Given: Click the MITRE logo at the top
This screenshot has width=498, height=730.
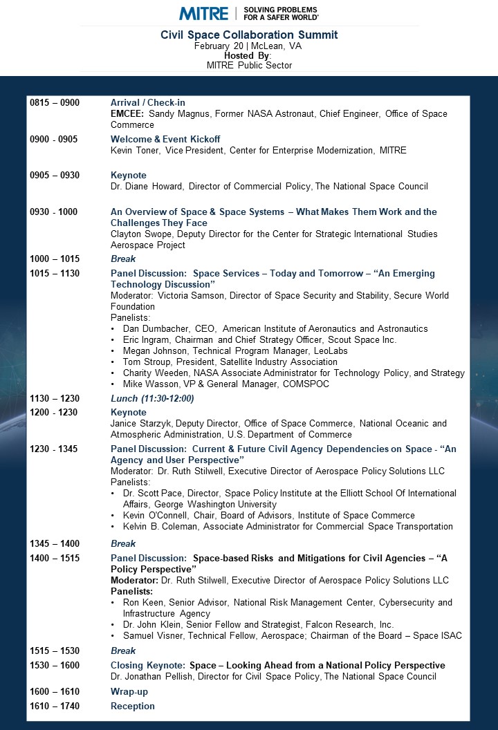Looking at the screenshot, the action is [x=204, y=13].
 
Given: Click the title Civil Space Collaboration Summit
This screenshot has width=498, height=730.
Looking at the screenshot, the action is [x=249, y=35].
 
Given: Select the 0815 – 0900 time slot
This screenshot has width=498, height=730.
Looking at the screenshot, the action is [x=55, y=103].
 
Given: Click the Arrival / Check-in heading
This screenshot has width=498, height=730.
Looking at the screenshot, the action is [x=148, y=103].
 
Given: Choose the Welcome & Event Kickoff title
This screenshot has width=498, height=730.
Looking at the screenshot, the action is [x=165, y=139].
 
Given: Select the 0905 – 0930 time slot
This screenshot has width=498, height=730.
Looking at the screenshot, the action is [x=55, y=176].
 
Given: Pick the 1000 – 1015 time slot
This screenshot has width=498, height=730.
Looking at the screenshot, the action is [x=55, y=259].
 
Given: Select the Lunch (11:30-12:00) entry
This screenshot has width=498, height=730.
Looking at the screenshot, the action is [x=152, y=399].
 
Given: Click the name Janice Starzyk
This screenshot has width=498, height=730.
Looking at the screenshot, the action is [x=142, y=424].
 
